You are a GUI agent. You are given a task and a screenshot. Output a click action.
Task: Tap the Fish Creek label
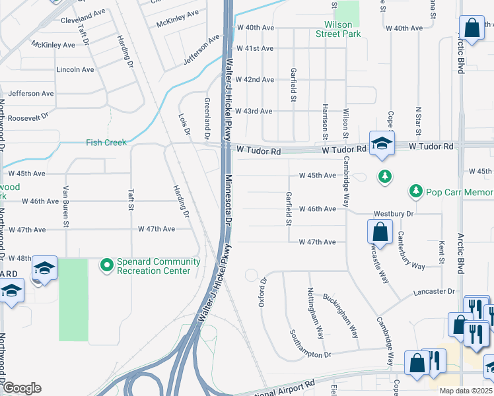[x=106, y=143]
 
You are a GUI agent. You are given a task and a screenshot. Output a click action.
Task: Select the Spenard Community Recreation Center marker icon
[x=106, y=265]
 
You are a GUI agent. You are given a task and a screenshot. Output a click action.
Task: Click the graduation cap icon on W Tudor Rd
[x=382, y=143]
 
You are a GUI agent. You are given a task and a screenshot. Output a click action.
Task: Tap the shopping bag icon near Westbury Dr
[x=380, y=232]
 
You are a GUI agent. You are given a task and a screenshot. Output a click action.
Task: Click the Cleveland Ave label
[x=83, y=20]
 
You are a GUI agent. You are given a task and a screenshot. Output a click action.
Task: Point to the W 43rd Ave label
[x=254, y=111]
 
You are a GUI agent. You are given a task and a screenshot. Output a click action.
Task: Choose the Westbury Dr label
[x=393, y=214]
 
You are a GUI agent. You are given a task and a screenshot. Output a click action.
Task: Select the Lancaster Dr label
[x=435, y=291]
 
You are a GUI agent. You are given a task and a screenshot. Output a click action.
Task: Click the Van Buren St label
[x=65, y=214]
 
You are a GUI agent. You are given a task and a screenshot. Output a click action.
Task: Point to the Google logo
[x=22, y=388]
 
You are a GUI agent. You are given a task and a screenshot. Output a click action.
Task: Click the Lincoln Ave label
[x=76, y=69]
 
